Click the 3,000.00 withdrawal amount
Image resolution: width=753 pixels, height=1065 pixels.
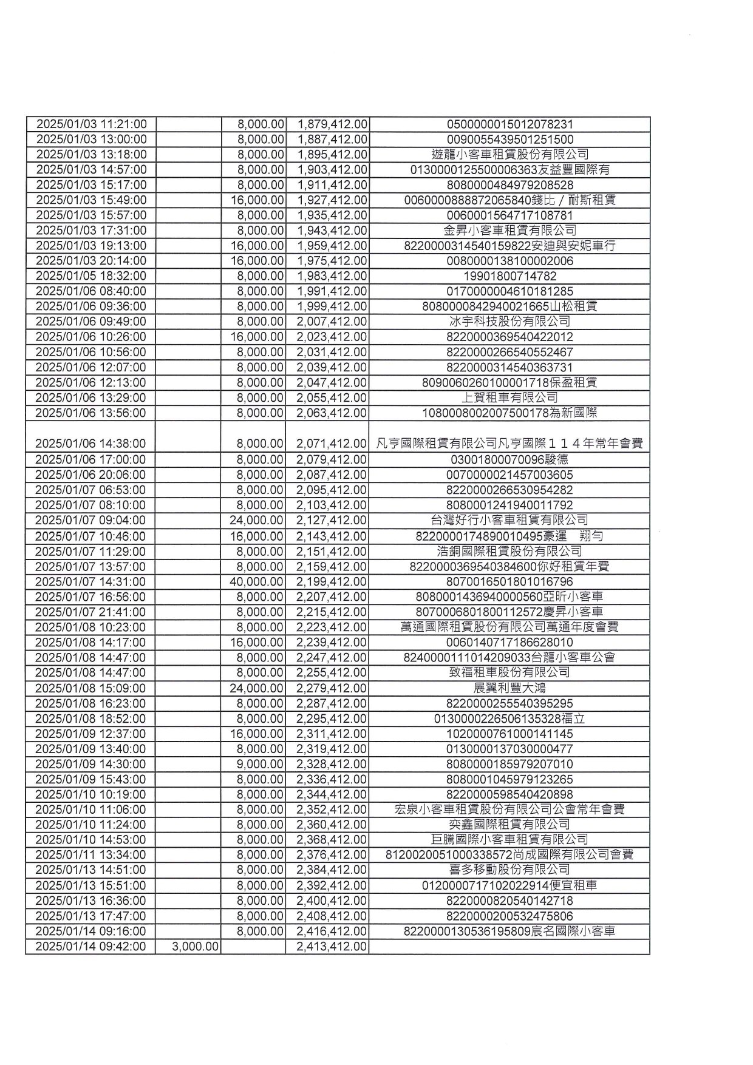[195, 947]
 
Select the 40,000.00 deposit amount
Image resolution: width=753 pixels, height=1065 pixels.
[256, 581]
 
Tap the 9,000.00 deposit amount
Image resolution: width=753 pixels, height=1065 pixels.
[260, 764]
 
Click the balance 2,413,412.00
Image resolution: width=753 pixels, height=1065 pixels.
[332, 947]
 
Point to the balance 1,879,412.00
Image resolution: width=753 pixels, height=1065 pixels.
[332, 124]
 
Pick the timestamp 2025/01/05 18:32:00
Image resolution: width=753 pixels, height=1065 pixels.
[91, 276]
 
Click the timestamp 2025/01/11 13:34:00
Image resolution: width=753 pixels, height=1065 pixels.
[91, 855]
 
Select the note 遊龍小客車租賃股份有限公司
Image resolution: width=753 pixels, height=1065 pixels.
[509, 154]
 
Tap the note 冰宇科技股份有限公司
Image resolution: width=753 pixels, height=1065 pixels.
[509, 322]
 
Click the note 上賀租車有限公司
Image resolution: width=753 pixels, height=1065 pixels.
[509, 397]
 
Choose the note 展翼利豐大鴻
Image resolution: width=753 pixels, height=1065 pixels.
[509, 688]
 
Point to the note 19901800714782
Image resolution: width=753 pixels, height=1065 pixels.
[509, 276]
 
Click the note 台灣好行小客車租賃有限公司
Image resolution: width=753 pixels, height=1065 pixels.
[509, 520]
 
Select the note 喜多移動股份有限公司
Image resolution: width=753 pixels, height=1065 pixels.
[509, 870]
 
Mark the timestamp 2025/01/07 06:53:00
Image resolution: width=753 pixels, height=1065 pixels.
[91, 490]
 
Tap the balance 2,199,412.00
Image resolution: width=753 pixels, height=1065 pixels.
[332, 581]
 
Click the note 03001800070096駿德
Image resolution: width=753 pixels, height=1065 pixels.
[509, 459]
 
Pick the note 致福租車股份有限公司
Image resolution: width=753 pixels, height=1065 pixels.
[509, 672]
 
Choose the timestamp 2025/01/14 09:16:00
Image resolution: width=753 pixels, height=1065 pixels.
[91, 931]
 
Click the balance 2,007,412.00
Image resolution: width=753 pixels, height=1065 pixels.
[332, 322]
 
